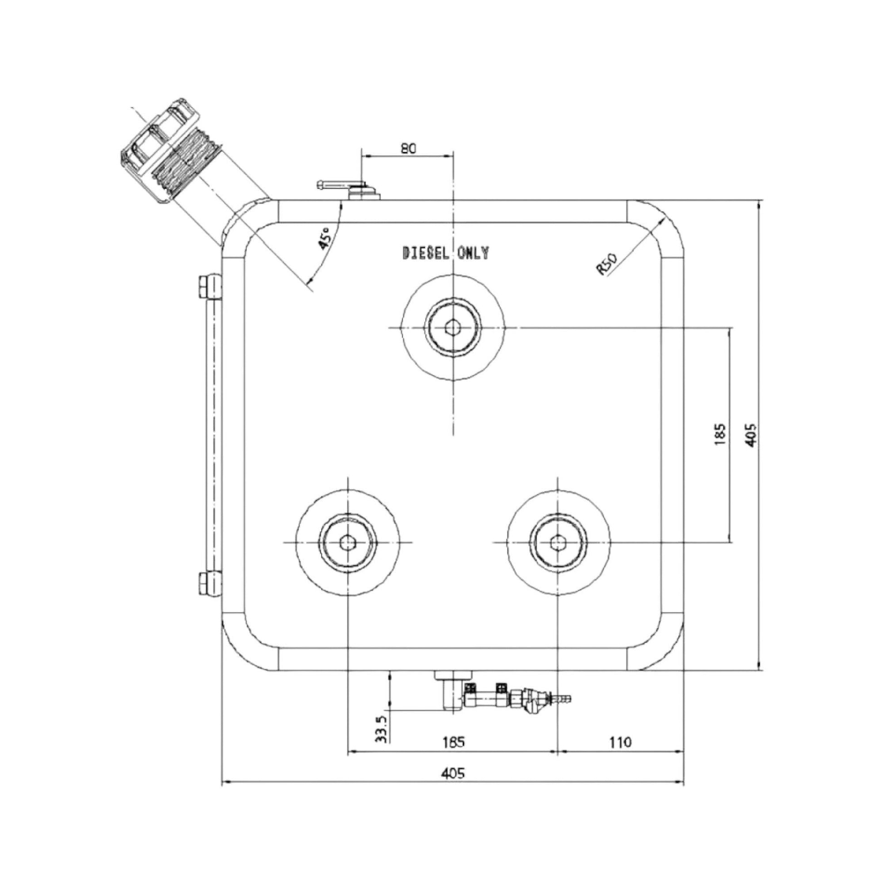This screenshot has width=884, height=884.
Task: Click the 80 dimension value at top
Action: click(x=408, y=148)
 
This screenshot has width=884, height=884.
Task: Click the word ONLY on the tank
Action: click(x=473, y=253)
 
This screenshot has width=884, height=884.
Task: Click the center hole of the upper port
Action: click(x=453, y=327)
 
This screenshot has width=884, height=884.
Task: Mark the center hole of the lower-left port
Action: click(x=348, y=542)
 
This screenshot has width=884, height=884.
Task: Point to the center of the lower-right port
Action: click(x=557, y=542)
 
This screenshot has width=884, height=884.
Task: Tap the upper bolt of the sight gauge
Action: click(x=209, y=287)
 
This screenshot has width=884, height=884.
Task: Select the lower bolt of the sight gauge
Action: click(x=209, y=583)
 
